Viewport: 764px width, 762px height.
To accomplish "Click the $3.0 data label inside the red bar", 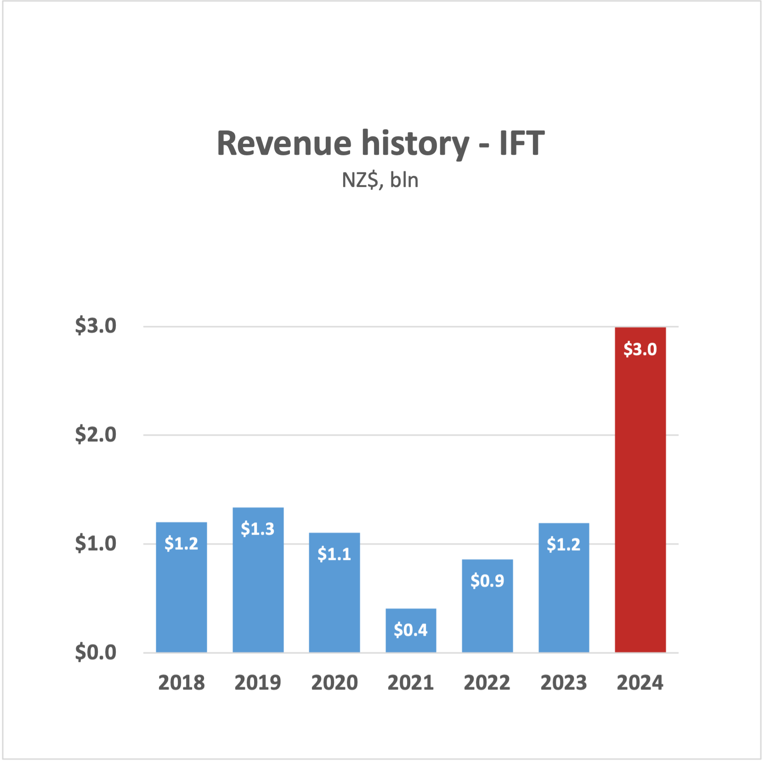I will tap(640, 350).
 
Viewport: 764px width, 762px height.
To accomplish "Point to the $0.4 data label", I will tap(411, 630).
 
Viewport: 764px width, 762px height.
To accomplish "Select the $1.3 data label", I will tap(258, 529).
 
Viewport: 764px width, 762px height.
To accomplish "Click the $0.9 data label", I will tap(487, 581).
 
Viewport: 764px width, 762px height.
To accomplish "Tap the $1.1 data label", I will tap(334, 554).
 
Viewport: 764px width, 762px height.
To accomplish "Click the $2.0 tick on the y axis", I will tap(96, 435).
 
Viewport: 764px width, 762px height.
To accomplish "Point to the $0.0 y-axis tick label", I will tap(96, 652).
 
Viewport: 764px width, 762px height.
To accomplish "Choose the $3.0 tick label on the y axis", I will tap(96, 326).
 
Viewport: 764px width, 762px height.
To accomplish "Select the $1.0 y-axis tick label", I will tap(96, 543).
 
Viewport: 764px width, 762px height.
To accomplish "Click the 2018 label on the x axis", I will tap(181, 683).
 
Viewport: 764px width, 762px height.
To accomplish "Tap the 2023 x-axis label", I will tap(563, 683).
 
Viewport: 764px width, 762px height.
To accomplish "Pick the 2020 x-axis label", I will tap(334, 683).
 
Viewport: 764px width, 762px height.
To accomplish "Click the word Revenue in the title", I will tap(284, 143).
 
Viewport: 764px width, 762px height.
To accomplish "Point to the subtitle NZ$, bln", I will tap(380, 180).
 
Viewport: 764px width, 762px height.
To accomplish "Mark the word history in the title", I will tap(415, 143).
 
